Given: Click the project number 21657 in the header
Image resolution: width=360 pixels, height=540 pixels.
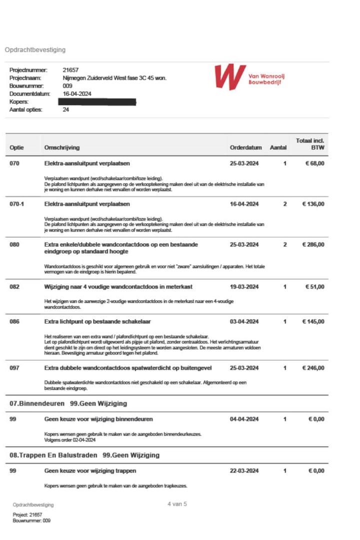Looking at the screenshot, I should coord(70,70).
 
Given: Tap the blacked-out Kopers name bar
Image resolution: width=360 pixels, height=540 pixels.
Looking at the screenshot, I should coord(97,102).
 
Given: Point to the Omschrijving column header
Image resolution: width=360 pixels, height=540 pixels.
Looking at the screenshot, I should coord(62,148).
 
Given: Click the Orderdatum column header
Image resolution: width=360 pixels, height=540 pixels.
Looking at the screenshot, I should coord(245,148).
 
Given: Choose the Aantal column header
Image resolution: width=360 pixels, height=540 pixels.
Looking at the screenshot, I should coord(278,148).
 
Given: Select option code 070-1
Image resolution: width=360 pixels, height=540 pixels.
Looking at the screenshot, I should coord(16,204).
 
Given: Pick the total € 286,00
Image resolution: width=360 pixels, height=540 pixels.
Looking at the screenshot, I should coord(313,245).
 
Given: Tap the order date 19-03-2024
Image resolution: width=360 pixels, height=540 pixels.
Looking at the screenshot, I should coord(244,287).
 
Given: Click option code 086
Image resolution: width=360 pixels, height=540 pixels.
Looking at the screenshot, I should coord(14,322).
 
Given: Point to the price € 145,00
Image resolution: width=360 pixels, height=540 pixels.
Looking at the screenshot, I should coord(313,322).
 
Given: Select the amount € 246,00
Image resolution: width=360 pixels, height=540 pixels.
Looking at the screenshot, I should coord(313,368).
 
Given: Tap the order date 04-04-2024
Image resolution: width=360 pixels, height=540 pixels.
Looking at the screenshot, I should coord(244,419).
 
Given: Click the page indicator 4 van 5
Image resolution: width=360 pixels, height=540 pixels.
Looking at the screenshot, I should coord(177,504).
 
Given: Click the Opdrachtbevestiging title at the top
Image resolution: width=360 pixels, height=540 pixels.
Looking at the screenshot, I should coord(35,50).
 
